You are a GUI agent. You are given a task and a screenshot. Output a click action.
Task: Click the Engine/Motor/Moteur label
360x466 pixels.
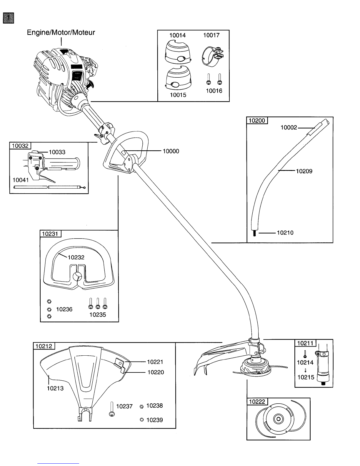61,33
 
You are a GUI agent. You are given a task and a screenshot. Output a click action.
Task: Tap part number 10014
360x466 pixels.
177,35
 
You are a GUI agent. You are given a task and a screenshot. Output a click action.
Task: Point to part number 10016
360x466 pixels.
214,91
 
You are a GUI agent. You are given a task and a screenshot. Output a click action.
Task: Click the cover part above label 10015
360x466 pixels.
178,79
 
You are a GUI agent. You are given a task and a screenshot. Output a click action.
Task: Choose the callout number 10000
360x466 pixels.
171,151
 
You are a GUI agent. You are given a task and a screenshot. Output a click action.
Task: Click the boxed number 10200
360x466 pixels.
257,121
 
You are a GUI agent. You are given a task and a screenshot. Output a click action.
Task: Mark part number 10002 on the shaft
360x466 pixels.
289,128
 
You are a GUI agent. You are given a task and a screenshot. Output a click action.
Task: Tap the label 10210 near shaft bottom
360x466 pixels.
285,233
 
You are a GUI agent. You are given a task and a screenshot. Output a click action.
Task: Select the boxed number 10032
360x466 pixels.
20,146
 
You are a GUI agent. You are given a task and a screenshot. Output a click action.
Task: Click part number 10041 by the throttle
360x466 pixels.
21,180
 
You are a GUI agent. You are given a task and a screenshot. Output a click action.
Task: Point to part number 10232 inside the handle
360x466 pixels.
76,257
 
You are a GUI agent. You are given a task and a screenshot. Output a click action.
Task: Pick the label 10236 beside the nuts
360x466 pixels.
64,309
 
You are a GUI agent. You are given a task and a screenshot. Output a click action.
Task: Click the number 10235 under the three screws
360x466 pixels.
98,314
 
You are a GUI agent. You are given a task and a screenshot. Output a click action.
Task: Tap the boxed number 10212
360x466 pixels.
44,346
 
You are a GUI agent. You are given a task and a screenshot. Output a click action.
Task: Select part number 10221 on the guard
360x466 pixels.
155,362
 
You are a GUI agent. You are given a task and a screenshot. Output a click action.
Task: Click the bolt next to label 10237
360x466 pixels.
112,409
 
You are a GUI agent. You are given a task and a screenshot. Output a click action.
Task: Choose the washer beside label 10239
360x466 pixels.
142,420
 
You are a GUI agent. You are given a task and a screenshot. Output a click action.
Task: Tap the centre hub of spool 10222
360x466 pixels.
277,419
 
